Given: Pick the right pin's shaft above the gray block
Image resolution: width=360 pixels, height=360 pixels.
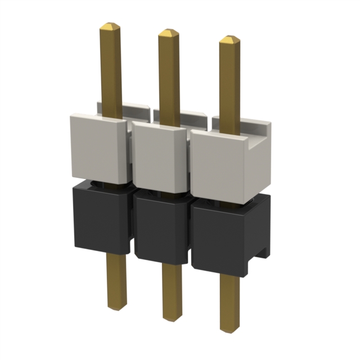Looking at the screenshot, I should tap(229, 84).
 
